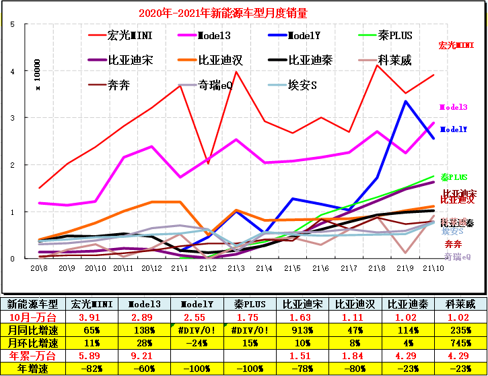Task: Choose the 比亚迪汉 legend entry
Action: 220,60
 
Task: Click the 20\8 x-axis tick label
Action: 38,268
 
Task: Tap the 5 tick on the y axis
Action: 13,24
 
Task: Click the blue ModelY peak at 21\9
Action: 405,101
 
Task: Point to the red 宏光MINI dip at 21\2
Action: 208,163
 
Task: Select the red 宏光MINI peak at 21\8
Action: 377,65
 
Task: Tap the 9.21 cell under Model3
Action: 144,356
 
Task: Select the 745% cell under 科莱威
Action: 457,342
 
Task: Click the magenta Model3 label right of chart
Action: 452,107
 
